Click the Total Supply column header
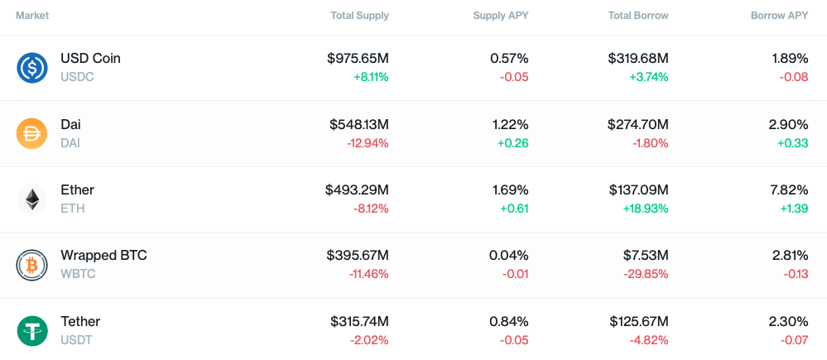click(x=360, y=16)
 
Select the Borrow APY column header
click(x=780, y=16)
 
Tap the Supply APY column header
click(x=501, y=16)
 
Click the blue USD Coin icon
click(x=32, y=68)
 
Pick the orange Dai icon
click(x=32, y=134)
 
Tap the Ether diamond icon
click(x=32, y=199)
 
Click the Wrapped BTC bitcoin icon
click(x=32, y=265)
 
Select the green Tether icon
click(x=32, y=331)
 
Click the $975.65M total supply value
click(x=358, y=58)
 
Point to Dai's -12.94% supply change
click(x=368, y=143)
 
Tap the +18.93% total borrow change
click(x=645, y=209)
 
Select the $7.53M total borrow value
click(x=646, y=256)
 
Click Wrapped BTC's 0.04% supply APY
click(x=508, y=256)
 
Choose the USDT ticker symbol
click(x=76, y=340)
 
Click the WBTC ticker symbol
click(x=78, y=274)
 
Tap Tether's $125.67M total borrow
click(x=639, y=322)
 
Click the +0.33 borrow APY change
click(x=793, y=143)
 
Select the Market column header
click(x=32, y=16)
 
